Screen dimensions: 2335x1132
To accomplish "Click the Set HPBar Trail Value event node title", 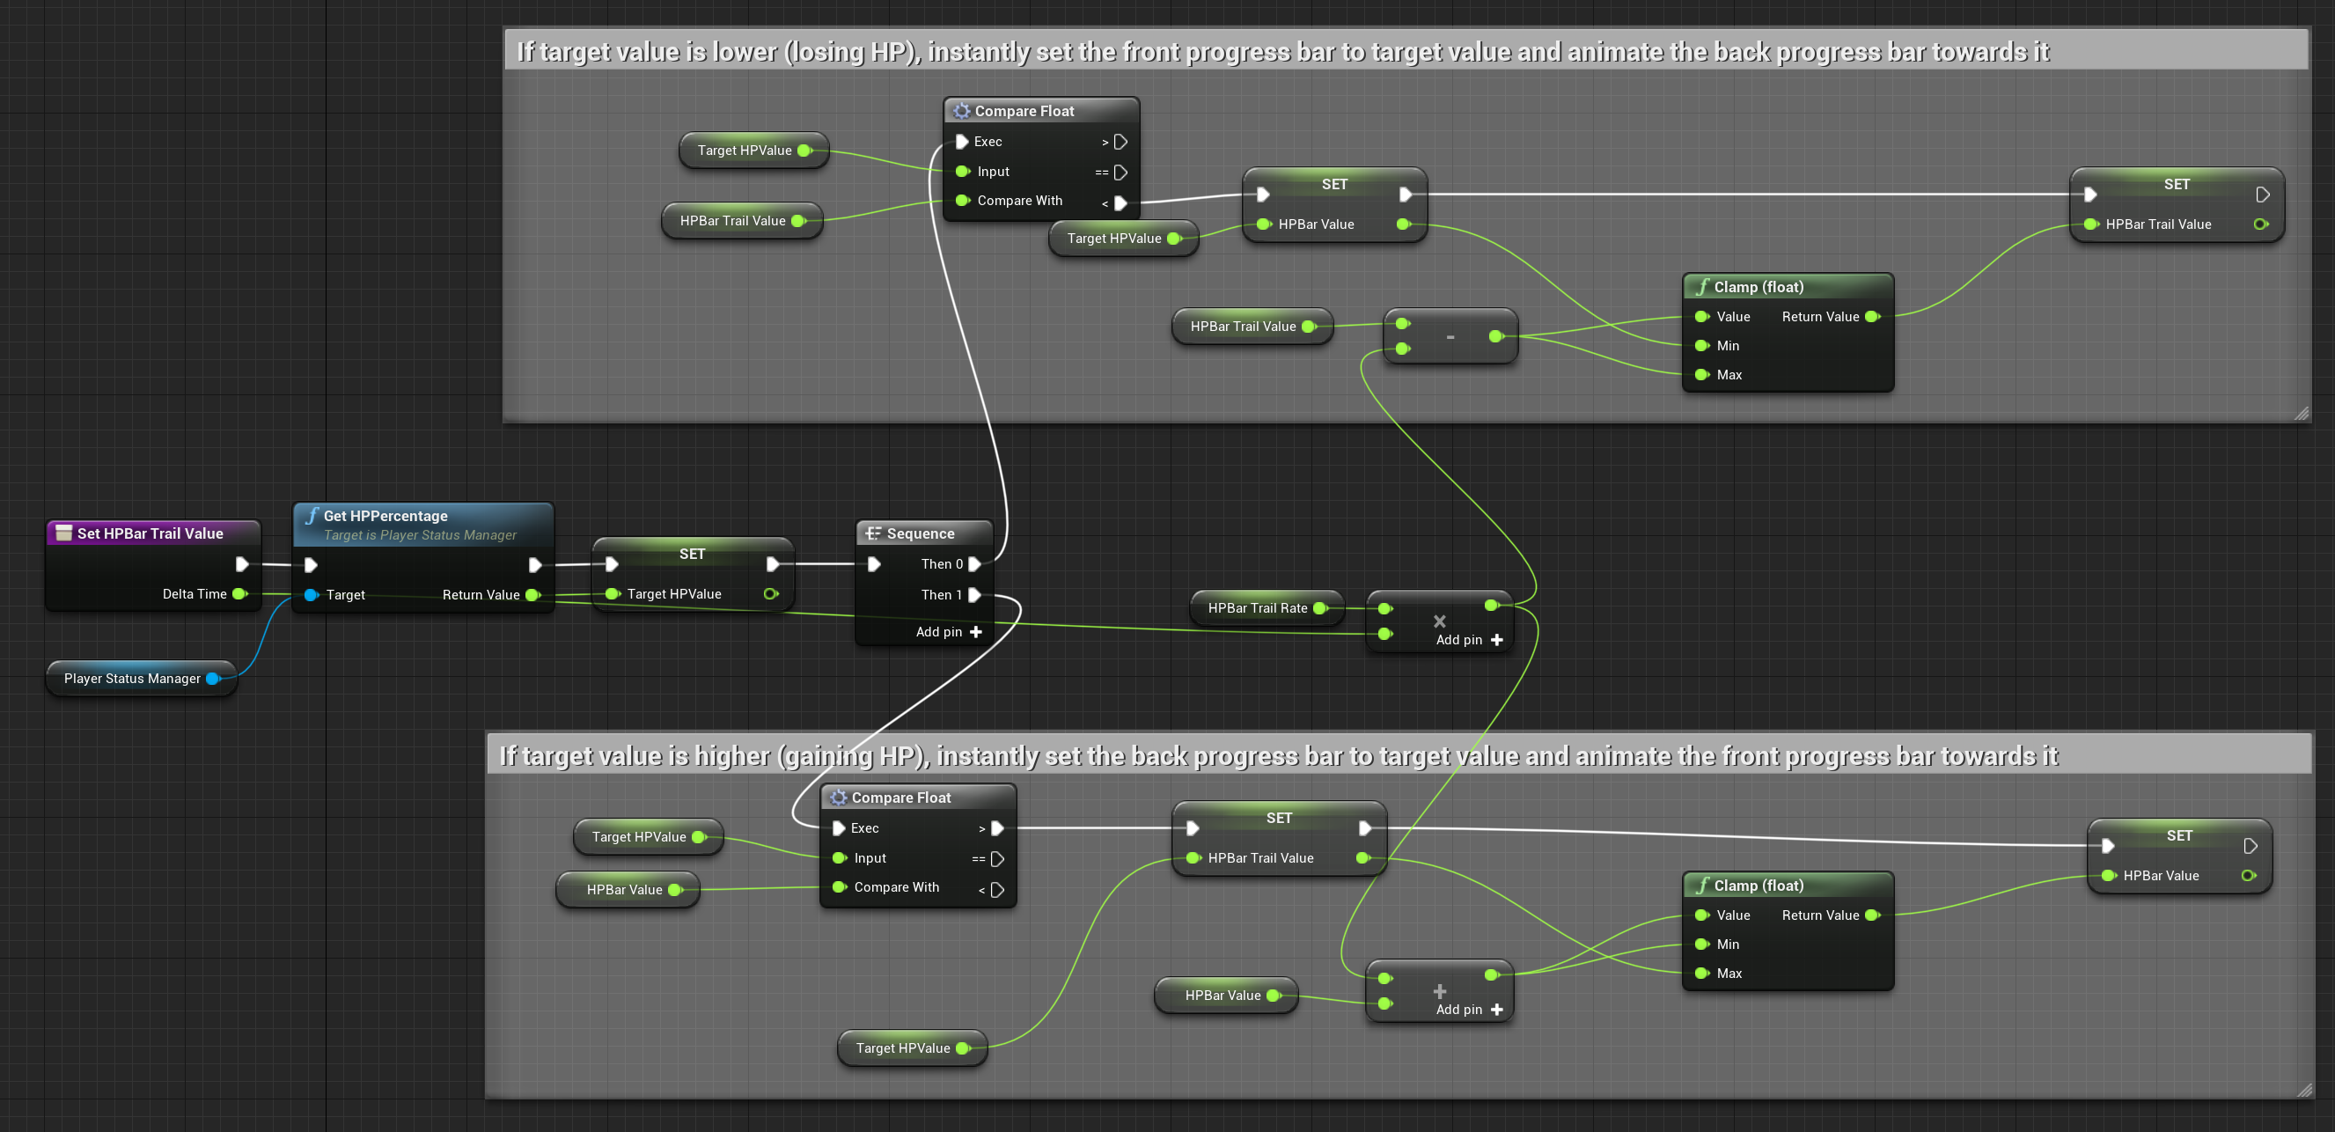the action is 150,533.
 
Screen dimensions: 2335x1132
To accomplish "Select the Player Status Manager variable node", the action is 142,678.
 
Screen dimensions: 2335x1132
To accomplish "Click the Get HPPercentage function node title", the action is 385,516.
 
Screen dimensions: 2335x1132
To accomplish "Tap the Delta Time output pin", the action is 240,593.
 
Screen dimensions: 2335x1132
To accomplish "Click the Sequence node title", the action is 920,533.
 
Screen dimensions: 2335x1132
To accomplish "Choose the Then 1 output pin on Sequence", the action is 975,594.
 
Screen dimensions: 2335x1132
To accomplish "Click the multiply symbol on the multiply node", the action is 1439,621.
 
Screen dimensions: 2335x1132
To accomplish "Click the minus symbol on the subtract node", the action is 1450,337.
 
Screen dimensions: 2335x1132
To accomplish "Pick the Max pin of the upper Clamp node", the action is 1702,374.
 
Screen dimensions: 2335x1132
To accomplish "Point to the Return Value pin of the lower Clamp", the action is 1873,915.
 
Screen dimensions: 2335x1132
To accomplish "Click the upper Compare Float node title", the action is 1024,111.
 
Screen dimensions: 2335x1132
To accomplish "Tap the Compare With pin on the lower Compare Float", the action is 840,886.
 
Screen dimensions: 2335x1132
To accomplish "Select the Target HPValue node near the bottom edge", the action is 912,1047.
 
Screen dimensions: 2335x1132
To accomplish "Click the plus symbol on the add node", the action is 1439,990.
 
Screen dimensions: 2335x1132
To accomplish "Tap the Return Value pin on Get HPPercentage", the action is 533,594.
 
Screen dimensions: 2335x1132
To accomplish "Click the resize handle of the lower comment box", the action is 2304,1091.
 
